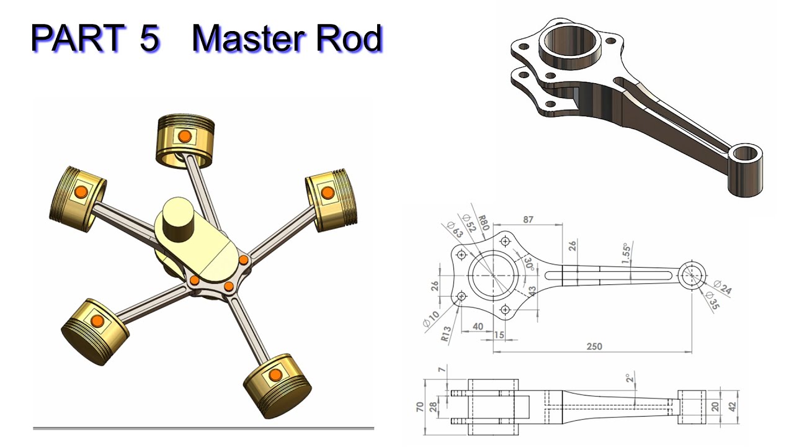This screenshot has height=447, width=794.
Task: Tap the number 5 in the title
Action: pyautogui.click(x=149, y=39)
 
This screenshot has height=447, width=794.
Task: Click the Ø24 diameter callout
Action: pyautogui.click(x=722, y=286)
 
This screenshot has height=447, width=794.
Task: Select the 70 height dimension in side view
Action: pyautogui.click(x=421, y=407)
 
